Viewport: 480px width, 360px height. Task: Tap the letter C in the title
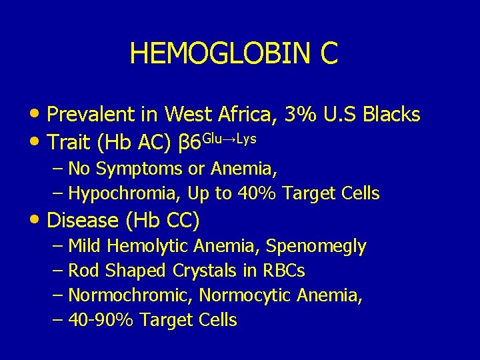[329, 53]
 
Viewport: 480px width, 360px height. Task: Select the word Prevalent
[91, 115]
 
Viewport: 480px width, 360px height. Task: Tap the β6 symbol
[191, 143]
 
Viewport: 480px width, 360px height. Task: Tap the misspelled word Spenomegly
[316, 246]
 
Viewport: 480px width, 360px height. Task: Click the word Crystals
[203, 271]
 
